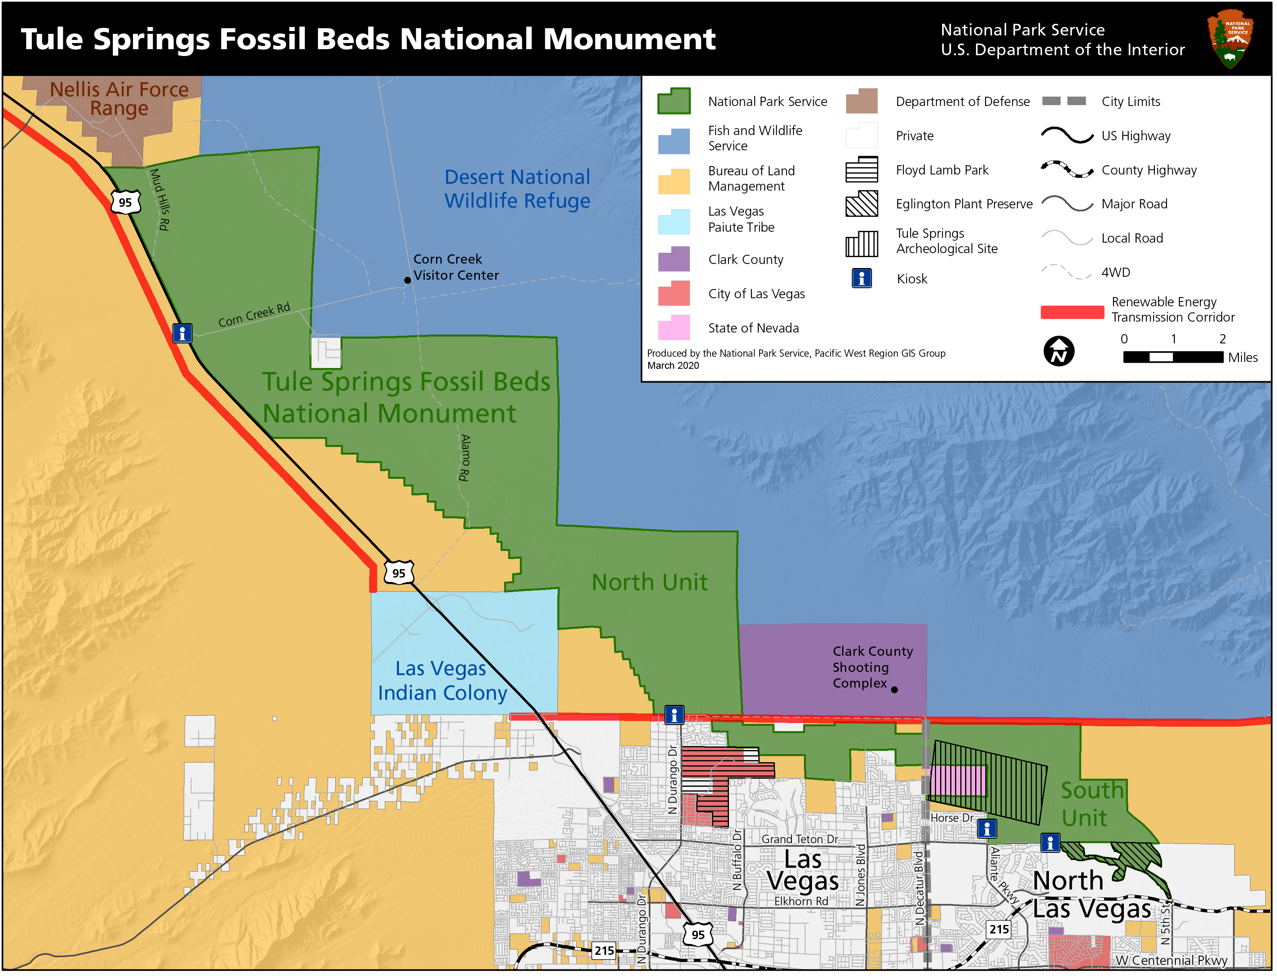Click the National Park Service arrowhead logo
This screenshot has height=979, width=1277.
tap(1230, 38)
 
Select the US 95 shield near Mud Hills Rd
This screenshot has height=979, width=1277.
tap(125, 203)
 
